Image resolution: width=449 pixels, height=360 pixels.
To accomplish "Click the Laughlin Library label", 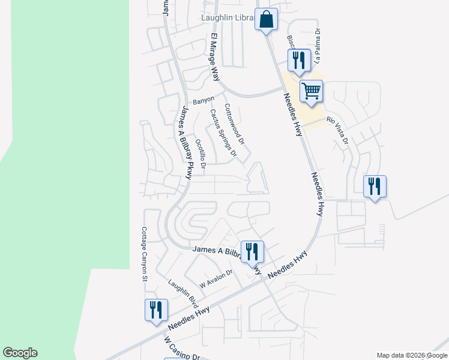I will (x=227, y=19).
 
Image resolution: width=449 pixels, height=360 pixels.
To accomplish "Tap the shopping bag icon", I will (x=266, y=20).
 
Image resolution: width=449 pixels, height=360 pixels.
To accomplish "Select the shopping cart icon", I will (x=311, y=92).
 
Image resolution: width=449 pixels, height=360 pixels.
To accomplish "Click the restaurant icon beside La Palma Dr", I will (x=298, y=60).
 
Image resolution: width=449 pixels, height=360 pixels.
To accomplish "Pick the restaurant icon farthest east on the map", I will (x=375, y=187).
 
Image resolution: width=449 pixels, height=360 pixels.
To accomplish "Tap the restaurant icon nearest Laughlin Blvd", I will (x=156, y=310).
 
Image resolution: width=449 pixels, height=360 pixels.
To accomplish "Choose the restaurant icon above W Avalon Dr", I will (x=252, y=251).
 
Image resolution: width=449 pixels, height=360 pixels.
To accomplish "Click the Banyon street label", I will (x=203, y=100).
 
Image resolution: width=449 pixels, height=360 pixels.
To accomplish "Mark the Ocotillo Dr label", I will (x=200, y=154).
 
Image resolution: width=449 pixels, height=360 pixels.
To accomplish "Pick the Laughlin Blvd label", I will (x=183, y=293).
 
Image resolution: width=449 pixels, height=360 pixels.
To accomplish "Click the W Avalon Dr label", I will (x=215, y=280).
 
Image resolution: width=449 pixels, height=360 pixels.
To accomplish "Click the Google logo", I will (x=20, y=353).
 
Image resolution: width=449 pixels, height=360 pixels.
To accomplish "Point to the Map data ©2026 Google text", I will (x=411, y=355).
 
